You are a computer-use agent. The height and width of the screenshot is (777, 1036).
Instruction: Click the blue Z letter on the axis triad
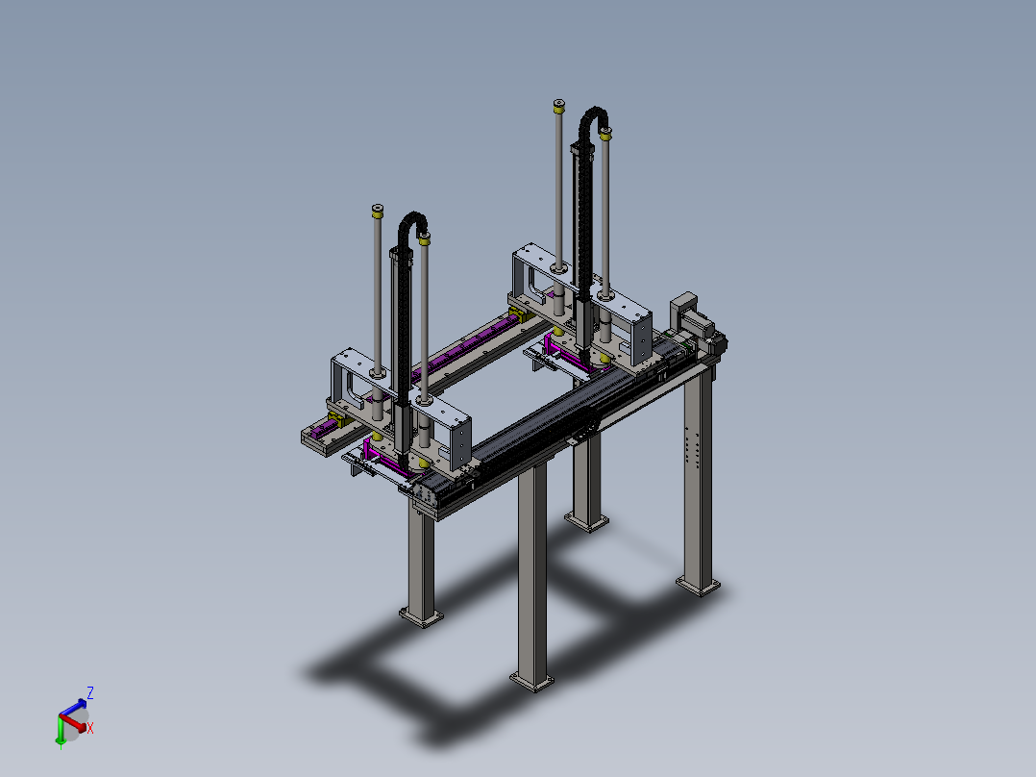tap(90, 693)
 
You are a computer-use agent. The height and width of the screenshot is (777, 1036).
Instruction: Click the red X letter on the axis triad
tap(90, 728)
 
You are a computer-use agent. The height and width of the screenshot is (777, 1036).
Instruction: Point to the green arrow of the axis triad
tap(61, 732)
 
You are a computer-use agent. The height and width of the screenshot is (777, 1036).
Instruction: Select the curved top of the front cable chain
tap(413, 222)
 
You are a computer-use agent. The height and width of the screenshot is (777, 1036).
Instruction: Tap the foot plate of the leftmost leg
tap(421, 617)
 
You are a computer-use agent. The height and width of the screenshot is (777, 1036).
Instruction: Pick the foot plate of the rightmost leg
tap(699, 586)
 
